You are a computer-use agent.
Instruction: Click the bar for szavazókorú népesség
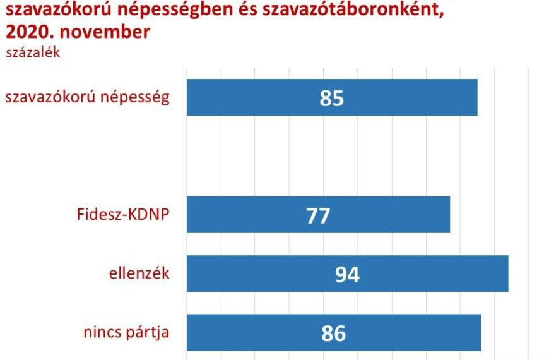332,97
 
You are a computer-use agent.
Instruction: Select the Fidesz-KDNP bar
318,215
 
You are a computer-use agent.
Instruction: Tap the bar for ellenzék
347,273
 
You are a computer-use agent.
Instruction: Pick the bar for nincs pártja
334,332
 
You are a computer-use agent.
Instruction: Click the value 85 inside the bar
331,98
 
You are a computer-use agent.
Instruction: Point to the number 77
318,215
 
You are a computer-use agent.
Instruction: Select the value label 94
347,275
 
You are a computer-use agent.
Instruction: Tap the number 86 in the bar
334,333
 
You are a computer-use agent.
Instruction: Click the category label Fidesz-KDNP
123,214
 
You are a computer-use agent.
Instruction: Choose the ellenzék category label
139,273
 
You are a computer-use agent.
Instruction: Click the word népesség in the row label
135,97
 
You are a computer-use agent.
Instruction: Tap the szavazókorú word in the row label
50,97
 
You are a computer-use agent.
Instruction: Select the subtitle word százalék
33,52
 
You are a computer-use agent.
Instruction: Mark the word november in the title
105,32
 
